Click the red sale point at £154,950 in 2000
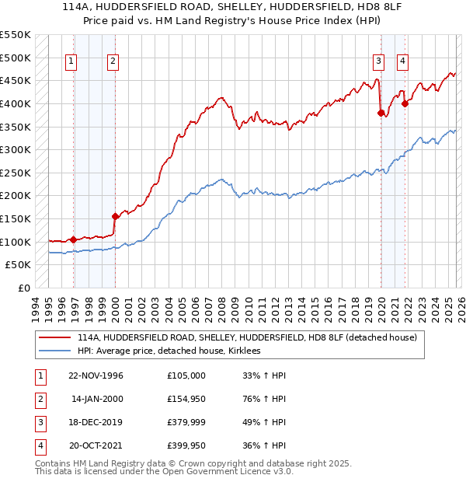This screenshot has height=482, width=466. [115, 216]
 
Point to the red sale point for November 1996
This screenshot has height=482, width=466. [73, 239]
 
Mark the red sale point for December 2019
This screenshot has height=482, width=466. [381, 113]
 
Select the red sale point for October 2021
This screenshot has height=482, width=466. [405, 103]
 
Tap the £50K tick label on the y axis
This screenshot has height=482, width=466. [19, 264]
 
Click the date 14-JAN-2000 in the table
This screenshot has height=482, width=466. [98, 399]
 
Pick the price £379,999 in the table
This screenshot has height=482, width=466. [186, 422]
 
